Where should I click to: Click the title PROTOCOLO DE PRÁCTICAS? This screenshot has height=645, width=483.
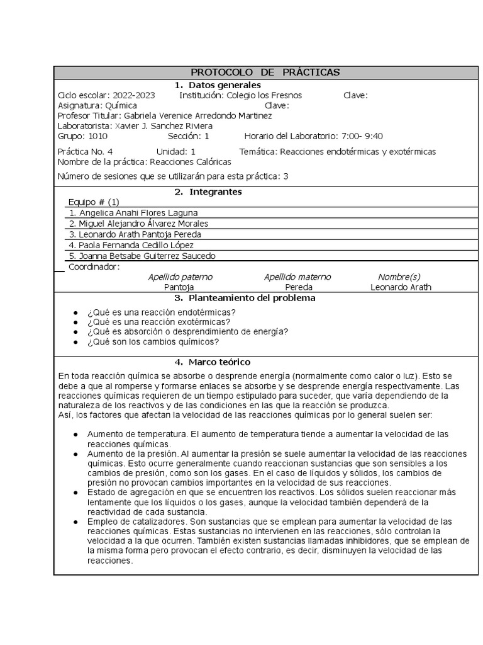pyautogui.click(x=265, y=72)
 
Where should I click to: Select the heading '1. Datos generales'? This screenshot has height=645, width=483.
pyautogui.click(x=217, y=85)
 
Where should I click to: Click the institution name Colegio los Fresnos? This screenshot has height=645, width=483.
pyautogui.click(x=264, y=95)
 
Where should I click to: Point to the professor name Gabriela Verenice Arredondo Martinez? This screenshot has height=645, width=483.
pyautogui.click(x=198, y=116)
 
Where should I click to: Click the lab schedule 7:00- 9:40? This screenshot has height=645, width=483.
pyautogui.click(x=362, y=136)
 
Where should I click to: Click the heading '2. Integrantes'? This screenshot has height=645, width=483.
pyautogui.click(x=208, y=191)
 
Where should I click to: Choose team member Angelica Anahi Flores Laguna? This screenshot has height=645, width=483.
pyautogui.click(x=138, y=213)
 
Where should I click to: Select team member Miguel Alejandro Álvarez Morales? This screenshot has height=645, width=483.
pyautogui.click(x=143, y=224)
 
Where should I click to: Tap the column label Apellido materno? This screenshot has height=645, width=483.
pyautogui.click(x=297, y=277)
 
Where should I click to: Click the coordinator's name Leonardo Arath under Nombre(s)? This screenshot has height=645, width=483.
pyautogui.click(x=401, y=287)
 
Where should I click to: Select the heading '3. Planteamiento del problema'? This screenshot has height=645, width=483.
pyautogui.click(x=245, y=298)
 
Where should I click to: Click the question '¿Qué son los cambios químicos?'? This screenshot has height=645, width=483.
pyautogui.click(x=153, y=342)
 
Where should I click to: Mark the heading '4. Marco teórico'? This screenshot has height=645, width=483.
pyautogui.click(x=212, y=362)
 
